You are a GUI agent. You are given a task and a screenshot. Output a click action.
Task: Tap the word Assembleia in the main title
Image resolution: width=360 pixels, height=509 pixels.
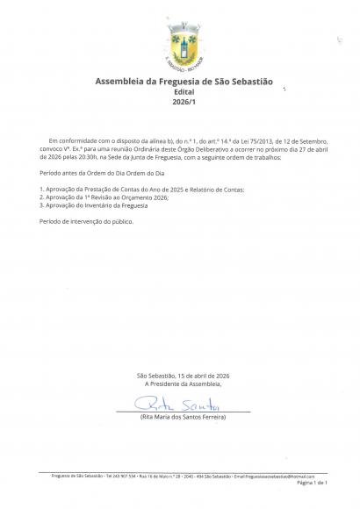[x=121, y=82]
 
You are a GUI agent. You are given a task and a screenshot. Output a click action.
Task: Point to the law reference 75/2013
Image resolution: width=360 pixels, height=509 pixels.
[x=223, y=140]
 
